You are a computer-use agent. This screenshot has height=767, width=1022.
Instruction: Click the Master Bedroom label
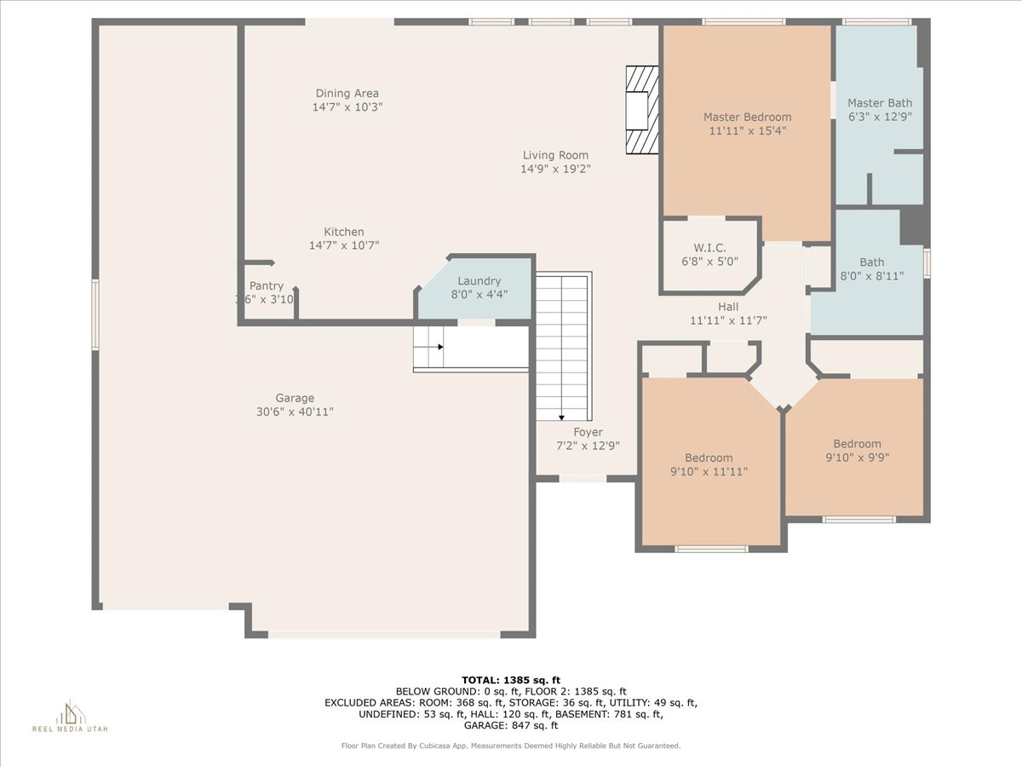point(747,117)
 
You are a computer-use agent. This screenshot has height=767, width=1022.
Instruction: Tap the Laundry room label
point(479,281)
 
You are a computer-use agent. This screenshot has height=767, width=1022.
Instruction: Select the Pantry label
point(267,286)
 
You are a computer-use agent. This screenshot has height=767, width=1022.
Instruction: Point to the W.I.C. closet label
point(709,248)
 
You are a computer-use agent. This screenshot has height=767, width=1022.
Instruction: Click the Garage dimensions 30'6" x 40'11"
point(295,412)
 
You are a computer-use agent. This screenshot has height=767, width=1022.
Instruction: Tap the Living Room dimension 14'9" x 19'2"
point(555,169)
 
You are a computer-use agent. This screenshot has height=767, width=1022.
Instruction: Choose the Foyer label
point(588,432)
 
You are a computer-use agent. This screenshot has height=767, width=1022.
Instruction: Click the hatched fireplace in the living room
point(642,110)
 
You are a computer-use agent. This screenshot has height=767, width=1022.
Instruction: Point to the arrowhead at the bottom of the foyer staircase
point(561,418)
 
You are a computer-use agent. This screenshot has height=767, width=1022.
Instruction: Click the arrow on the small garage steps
point(428,347)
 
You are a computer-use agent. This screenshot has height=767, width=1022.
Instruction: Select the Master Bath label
point(880,103)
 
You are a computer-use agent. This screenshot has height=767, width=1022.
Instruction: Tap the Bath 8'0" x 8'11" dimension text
point(871,276)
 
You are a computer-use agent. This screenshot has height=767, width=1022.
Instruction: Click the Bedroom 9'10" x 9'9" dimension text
point(857,458)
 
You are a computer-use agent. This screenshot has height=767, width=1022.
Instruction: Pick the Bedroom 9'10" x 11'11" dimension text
point(709,471)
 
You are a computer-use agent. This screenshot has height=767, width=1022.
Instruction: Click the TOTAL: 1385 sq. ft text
point(511,680)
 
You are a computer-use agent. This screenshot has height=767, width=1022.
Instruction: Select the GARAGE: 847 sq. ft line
point(511,725)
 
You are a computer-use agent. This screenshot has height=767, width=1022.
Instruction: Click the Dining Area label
point(347,94)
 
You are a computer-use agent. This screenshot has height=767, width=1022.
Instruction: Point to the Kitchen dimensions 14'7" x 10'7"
point(344,245)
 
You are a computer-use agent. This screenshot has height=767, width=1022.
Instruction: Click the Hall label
point(728,307)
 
